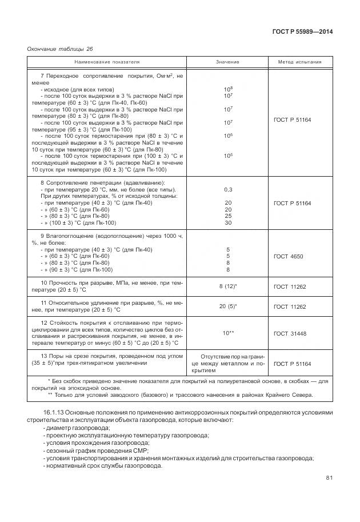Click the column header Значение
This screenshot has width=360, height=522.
pyautogui.click(x=227, y=62)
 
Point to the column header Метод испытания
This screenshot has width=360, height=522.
pyautogui.click(x=299, y=62)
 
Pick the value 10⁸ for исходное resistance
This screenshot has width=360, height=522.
pyautogui.click(x=227, y=89)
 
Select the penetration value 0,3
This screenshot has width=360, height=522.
pyautogui.click(x=228, y=189)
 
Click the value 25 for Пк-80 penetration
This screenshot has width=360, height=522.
pyautogui.click(x=228, y=216)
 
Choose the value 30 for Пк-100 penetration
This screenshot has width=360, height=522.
pyautogui.click(x=228, y=223)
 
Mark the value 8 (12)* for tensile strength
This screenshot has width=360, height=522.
pyautogui.click(x=228, y=286)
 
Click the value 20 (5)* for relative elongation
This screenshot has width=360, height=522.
pyautogui.click(x=228, y=306)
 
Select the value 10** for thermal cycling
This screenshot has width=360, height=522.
pyautogui.click(x=228, y=333)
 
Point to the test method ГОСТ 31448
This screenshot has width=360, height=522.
pyautogui.click(x=290, y=333)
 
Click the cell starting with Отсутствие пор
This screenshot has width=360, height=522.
pyautogui.click(x=227, y=363)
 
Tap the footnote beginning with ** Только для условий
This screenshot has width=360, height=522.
pyautogui.click(x=180, y=395)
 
